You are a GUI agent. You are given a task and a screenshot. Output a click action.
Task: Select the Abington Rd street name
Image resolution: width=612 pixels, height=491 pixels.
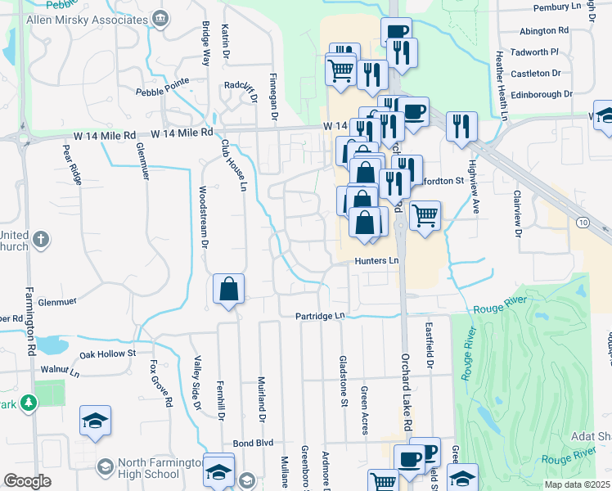544,30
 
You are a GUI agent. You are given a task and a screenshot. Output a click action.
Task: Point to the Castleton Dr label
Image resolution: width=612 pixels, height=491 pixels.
535,74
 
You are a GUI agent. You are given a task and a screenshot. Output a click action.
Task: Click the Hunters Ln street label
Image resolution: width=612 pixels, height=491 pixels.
376,261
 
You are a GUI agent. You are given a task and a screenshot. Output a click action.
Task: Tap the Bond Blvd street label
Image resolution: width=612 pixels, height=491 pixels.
251,442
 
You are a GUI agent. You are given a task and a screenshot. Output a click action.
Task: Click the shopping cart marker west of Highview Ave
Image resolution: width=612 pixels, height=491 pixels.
425,216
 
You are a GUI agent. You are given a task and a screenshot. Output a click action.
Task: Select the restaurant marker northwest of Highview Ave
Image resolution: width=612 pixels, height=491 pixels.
461,126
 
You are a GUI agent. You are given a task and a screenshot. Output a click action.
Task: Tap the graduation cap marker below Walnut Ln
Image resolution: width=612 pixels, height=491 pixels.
96,421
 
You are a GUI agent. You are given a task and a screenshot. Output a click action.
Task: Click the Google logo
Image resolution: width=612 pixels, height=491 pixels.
28,481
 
